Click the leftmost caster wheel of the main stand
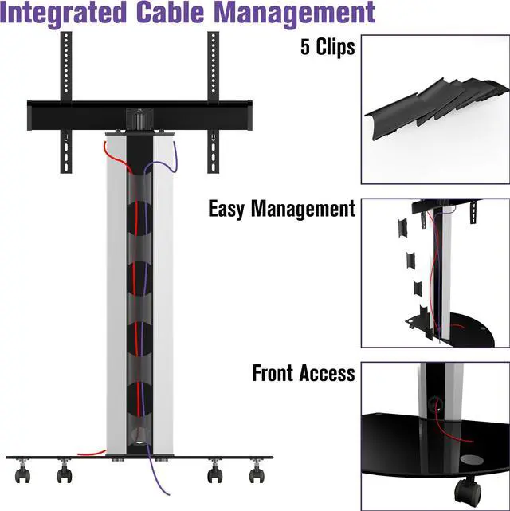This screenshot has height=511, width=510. pyautogui.click(x=22, y=474)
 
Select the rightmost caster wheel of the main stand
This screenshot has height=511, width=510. pyautogui.click(x=257, y=474)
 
